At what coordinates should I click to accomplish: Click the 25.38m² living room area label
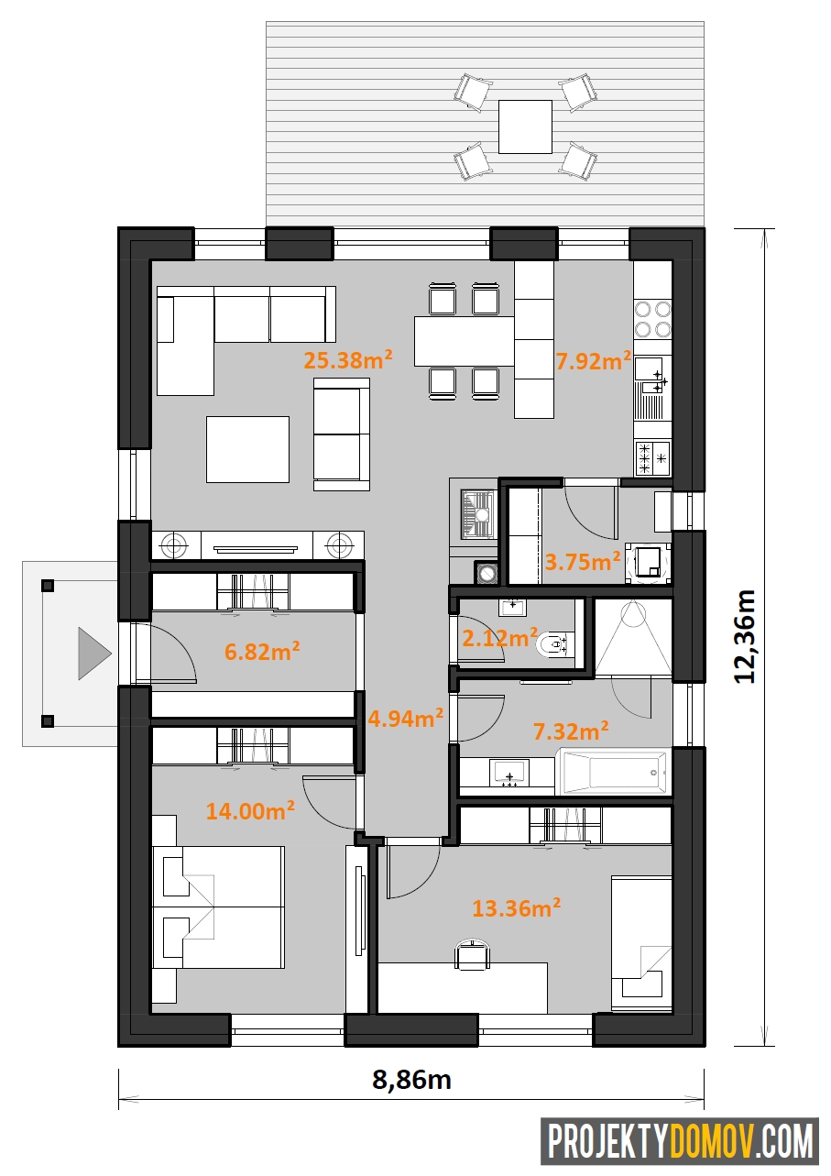click(348, 359)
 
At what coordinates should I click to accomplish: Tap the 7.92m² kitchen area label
click(594, 360)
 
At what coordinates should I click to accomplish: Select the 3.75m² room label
click(583, 561)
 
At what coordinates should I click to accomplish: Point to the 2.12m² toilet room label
click(500, 637)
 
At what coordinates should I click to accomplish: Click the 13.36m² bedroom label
click(516, 907)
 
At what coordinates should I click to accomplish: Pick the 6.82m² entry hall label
click(262, 652)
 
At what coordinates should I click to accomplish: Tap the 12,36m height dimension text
click(745, 636)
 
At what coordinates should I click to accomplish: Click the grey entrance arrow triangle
click(95, 654)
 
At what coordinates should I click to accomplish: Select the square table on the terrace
click(525, 127)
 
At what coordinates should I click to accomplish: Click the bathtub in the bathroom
click(613, 772)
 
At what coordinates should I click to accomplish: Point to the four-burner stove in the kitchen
click(652, 319)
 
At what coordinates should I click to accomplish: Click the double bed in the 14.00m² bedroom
click(218, 907)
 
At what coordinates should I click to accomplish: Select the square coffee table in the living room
click(247, 449)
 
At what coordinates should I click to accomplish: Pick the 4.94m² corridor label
click(406, 718)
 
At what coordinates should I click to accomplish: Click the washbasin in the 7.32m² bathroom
click(508, 773)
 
